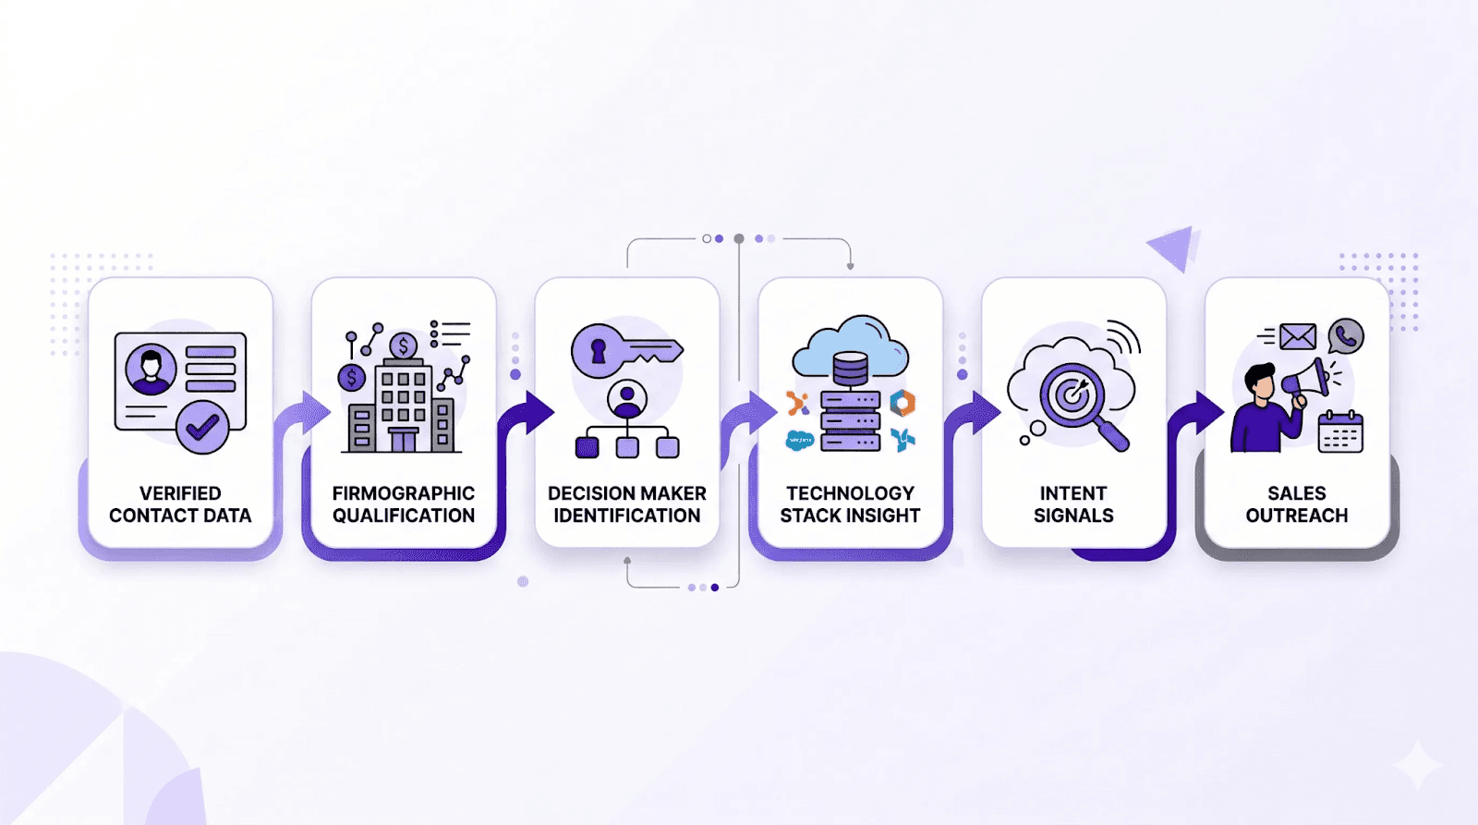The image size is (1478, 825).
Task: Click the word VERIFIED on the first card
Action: tap(180, 493)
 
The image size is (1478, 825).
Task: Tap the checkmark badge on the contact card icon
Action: tap(202, 427)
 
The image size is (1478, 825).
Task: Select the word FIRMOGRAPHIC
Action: tap(404, 493)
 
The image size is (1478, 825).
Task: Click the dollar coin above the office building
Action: tap(403, 346)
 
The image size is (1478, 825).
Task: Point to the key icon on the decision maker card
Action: tap(626, 351)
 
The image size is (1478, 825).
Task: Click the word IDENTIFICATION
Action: tap(627, 516)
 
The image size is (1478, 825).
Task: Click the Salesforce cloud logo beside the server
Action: tap(799, 441)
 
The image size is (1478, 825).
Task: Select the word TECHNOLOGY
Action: tap(850, 493)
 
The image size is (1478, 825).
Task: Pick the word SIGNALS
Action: tap(1073, 516)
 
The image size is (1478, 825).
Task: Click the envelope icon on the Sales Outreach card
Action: tap(1298, 336)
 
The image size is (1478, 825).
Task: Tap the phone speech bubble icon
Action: tap(1346, 336)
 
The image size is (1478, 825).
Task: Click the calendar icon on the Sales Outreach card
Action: tap(1340, 431)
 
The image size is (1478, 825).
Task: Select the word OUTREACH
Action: tap(1297, 516)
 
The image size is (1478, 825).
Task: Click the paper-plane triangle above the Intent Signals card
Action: tap(1174, 247)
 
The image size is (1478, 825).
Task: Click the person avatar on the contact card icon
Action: tap(151, 369)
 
